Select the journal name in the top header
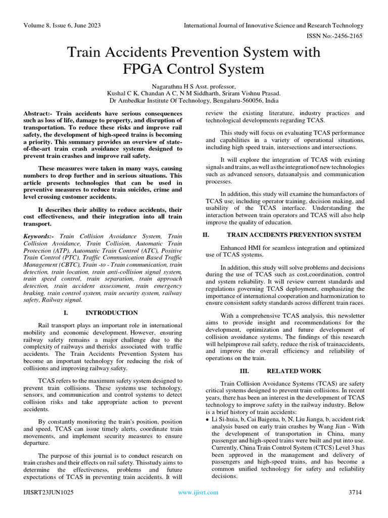(273, 25)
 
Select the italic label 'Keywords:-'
(40, 236)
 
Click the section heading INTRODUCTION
(112, 313)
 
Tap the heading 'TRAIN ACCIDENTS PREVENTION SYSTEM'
(294, 235)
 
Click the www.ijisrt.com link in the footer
(198, 492)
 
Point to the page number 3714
(356, 492)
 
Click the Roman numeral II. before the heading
(206, 235)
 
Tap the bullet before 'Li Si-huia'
(208, 420)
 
